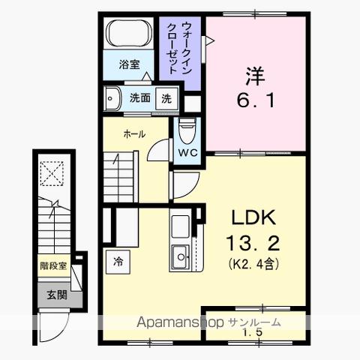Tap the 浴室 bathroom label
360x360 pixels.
(129, 64)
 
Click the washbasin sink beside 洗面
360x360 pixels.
(113, 97)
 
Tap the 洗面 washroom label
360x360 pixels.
(139, 97)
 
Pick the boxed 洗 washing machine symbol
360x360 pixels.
(166, 97)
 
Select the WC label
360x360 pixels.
(187, 151)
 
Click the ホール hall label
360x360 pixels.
(134, 134)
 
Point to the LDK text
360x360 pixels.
(253, 218)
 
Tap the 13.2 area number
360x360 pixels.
(253, 243)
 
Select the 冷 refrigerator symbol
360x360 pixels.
(119, 262)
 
